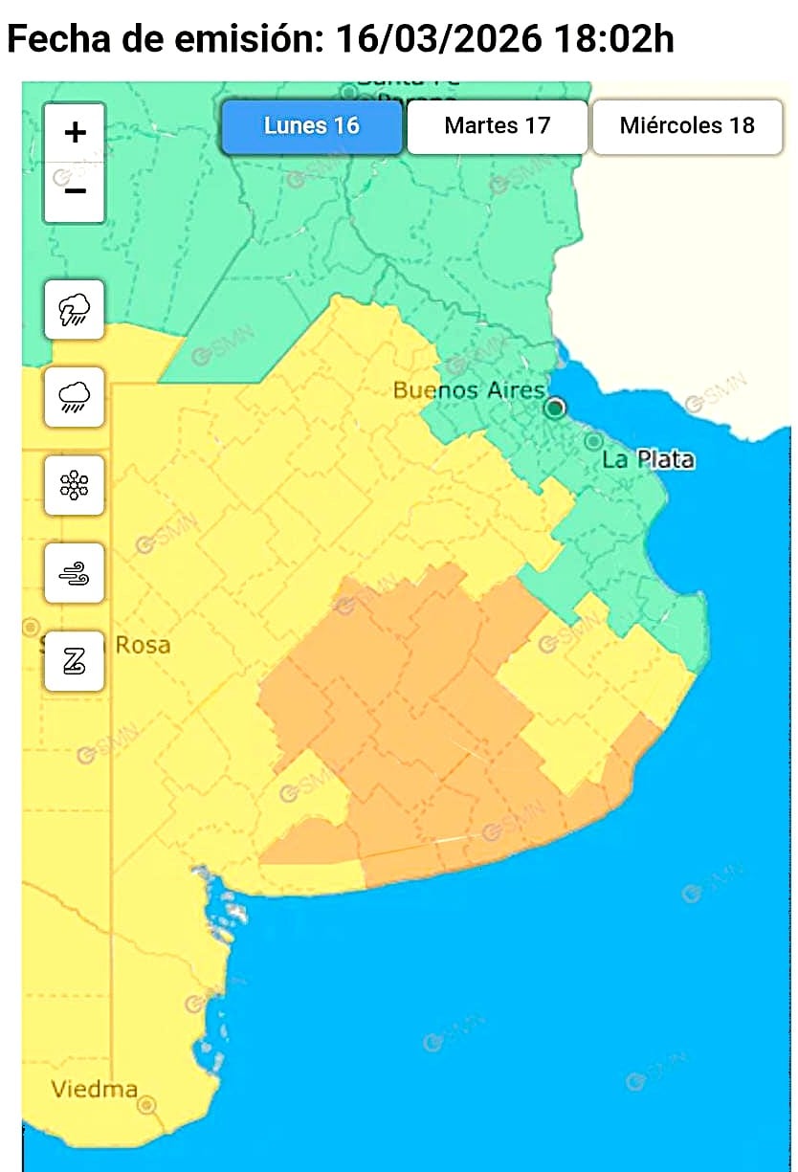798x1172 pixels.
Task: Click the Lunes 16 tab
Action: [x=312, y=126]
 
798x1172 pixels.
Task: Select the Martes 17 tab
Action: [x=497, y=126]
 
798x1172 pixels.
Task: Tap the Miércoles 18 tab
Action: [x=686, y=126]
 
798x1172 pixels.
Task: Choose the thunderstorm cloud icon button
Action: [x=75, y=309]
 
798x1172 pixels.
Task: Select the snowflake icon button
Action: [x=75, y=485]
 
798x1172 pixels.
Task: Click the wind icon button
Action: [x=75, y=573]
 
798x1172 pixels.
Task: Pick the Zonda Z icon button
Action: [x=75, y=661]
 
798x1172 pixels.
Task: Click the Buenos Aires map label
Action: [x=469, y=390]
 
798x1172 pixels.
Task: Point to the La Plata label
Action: [x=648, y=460]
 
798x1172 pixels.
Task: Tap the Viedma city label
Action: [x=94, y=1089]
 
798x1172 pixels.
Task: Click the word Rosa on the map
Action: [x=143, y=645]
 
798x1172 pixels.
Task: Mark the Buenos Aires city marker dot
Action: [x=555, y=409]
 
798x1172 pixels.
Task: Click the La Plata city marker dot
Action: [x=593, y=441]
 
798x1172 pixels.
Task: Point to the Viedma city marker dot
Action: [x=146, y=1105]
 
